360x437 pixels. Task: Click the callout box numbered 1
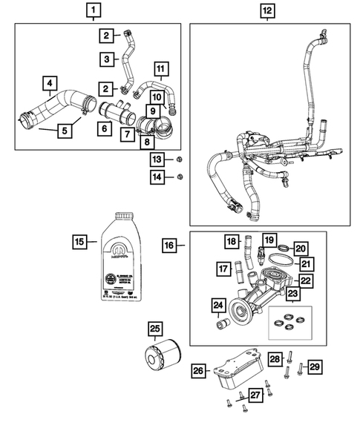coord(92,10)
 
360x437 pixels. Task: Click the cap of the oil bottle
coord(122,216)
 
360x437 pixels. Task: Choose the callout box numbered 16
coord(169,245)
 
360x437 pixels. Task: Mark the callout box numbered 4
coord(49,84)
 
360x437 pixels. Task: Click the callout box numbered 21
coord(304,263)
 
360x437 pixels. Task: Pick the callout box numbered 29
coord(314,367)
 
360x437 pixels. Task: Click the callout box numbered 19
coord(269,240)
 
